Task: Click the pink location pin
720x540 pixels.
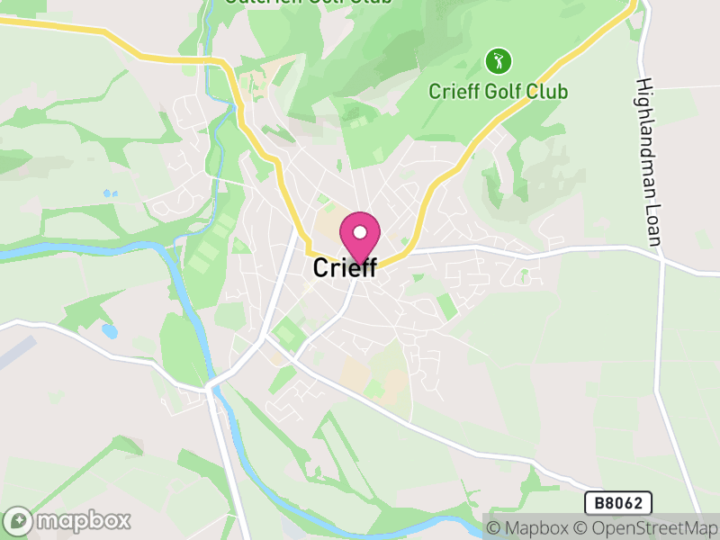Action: [360, 236]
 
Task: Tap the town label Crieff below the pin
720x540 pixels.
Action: [345, 268]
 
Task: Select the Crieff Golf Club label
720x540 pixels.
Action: [498, 92]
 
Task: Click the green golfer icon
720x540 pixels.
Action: [498, 61]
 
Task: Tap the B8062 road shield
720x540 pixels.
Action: [617, 503]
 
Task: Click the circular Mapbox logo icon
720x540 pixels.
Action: [19, 521]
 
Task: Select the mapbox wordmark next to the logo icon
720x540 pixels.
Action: [84, 521]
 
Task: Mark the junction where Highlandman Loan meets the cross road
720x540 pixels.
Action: [661, 261]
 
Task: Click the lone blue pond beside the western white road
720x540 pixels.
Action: [110, 331]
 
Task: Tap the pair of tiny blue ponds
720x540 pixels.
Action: [110, 193]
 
